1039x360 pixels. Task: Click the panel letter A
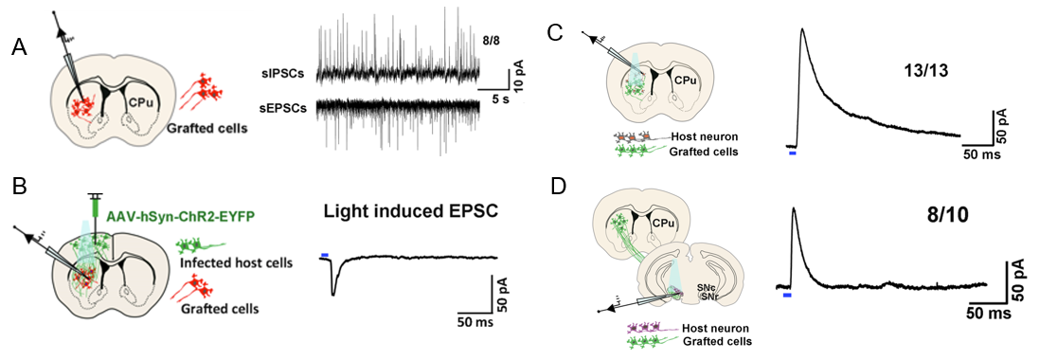[21, 49]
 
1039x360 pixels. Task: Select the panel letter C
[559, 33]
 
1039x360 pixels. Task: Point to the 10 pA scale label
[519, 74]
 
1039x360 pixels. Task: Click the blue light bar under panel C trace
[793, 153]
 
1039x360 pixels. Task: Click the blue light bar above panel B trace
[324, 255]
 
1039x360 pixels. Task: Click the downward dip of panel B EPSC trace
[333, 295]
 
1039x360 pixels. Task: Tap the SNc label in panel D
[705, 288]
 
